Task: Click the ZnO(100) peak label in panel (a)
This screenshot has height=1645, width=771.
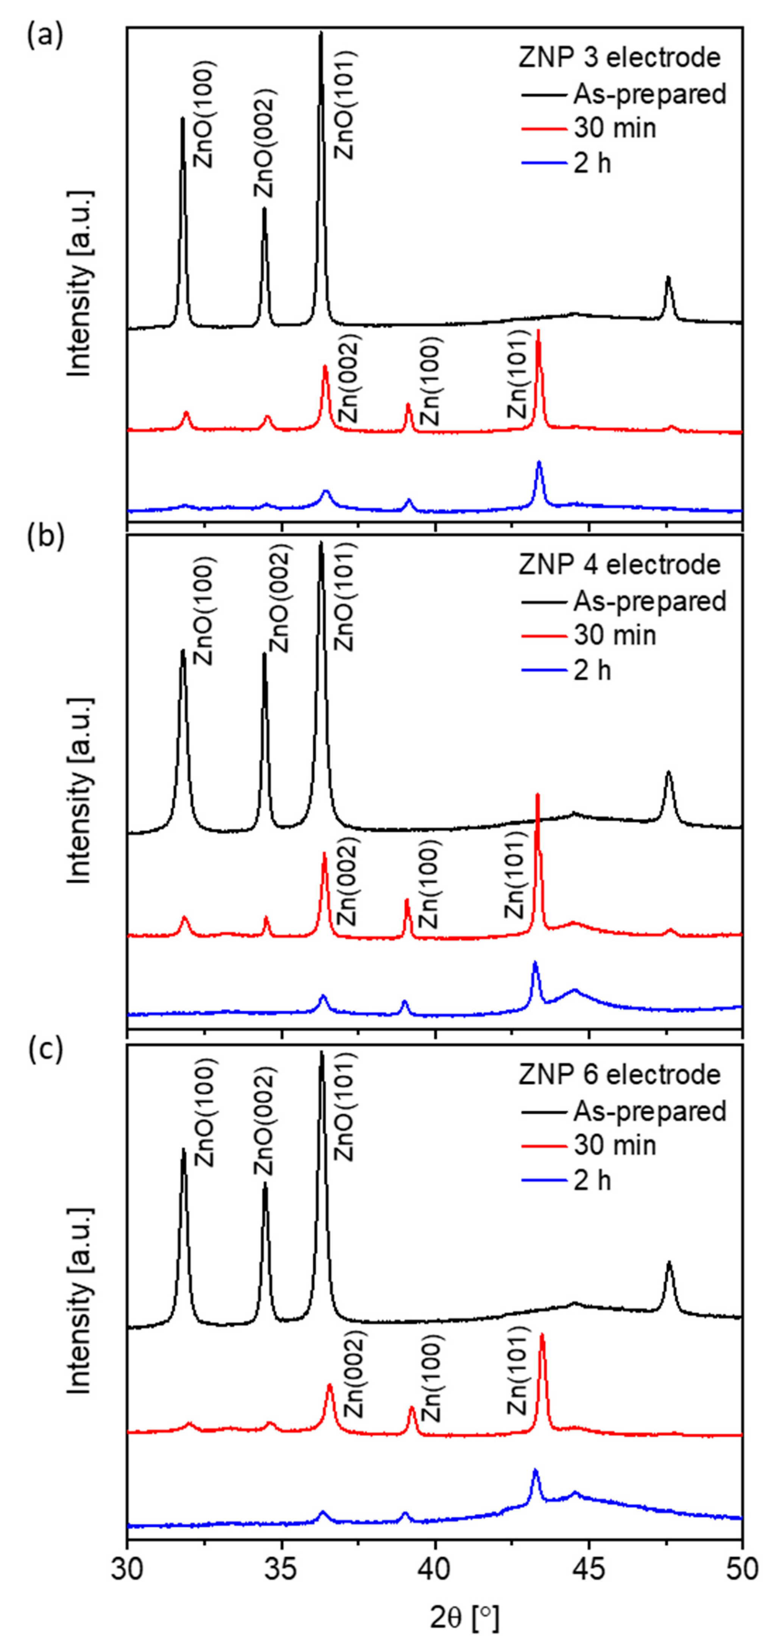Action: click(x=204, y=115)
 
